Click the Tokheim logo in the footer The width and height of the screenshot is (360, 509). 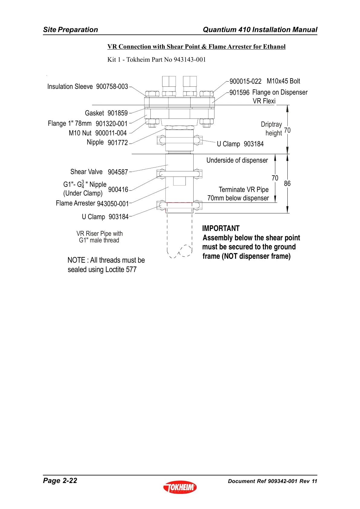[180, 487]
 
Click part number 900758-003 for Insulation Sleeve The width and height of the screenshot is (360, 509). [112, 86]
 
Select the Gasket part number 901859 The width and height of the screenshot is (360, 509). [118, 113]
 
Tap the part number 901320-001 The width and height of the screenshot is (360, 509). [112, 124]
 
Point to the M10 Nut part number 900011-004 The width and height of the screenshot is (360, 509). [111, 133]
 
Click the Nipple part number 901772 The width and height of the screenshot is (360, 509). [118, 143]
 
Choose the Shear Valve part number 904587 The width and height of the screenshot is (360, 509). [118, 172]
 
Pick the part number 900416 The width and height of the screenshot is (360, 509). [118, 190]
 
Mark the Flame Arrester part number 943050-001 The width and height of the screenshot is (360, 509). [113, 204]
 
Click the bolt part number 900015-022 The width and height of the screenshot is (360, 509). [245, 81]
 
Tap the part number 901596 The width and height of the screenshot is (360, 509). [239, 92]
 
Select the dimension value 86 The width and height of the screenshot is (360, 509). [287, 183]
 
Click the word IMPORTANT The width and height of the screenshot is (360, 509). [221, 228]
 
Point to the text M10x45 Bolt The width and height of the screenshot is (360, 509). [283, 81]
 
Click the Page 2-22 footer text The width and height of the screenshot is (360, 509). [60, 481]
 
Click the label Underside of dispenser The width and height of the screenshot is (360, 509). [237, 160]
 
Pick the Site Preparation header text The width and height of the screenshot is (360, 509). [70, 30]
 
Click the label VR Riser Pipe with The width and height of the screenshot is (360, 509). [100, 233]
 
